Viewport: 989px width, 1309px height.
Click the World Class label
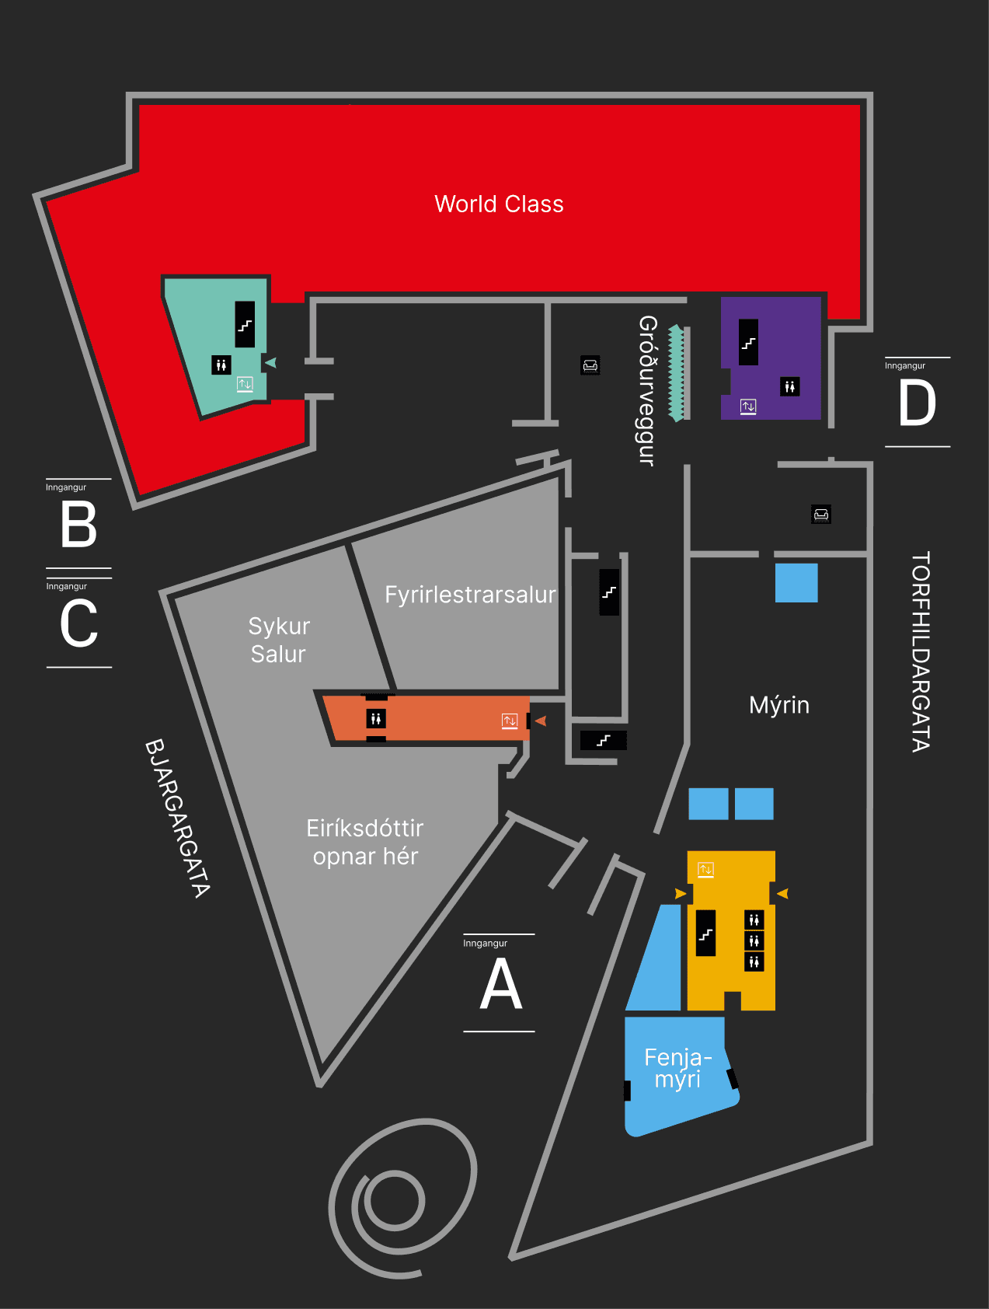(x=499, y=204)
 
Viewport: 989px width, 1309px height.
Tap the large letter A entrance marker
(x=501, y=984)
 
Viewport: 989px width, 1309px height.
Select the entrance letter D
(x=917, y=403)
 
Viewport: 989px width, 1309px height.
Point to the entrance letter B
(x=78, y=525)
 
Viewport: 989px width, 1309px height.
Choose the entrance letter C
(x=78, y=623)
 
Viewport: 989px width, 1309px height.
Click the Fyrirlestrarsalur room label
(x=470, y=595)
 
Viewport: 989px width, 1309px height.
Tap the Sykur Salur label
(x=279, y=640)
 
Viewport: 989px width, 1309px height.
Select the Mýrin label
(x=779, y=705)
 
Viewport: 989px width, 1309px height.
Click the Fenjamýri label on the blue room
(x=677, y=1068)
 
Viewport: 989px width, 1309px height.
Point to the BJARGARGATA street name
(x=178, y=818)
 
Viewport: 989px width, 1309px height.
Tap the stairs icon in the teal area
(x=245, y=324)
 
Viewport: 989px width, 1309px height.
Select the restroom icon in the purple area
(x=789, y=386)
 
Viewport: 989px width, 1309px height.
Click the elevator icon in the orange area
(x=510, y=721)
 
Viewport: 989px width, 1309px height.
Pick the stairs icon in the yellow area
(x=705, y=934)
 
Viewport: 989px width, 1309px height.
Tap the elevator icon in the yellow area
(x=705, y=870)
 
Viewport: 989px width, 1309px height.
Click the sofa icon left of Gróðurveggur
(x=590, y=365)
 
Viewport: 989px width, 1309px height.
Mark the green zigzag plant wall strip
(x=677, y=373)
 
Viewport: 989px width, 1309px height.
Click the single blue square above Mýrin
(x=796, y=582)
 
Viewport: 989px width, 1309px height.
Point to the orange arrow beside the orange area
(x=541, y=721)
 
